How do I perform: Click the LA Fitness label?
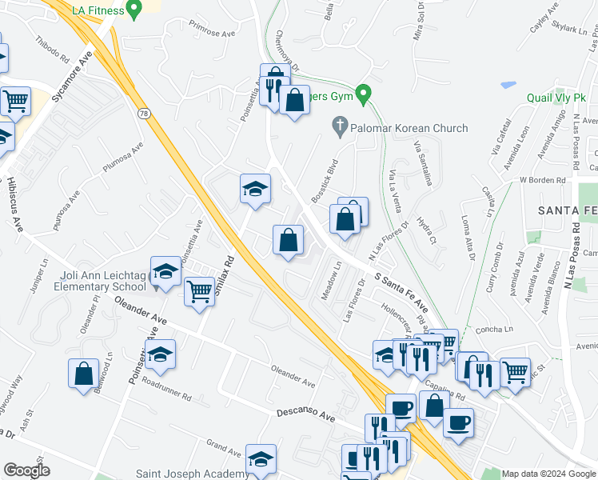[98, 10]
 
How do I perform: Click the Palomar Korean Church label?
[409, 128]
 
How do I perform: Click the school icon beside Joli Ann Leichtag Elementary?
[165, 273]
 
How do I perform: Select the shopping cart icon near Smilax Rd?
[199, 290]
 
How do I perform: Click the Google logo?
[26, 470]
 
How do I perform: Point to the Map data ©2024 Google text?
[548, 474]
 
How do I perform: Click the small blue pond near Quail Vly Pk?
[508, 84]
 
